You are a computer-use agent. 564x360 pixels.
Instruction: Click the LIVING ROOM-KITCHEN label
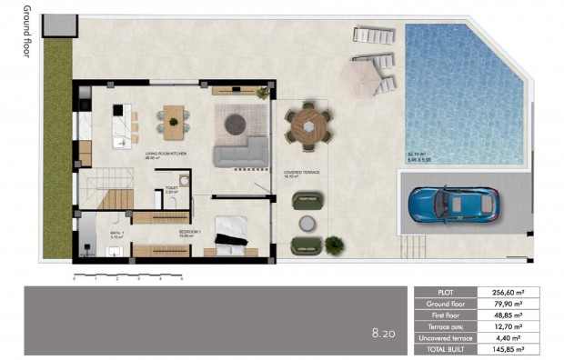point(166,155)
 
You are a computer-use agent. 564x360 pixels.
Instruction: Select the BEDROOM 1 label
point(190,232)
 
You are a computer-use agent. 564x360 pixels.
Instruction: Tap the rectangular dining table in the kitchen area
point(173,116)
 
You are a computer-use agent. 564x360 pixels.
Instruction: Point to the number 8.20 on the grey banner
point(382,335)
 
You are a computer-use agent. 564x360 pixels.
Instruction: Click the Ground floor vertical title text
point(26,31)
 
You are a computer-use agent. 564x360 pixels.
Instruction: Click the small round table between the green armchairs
point(307,223)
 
